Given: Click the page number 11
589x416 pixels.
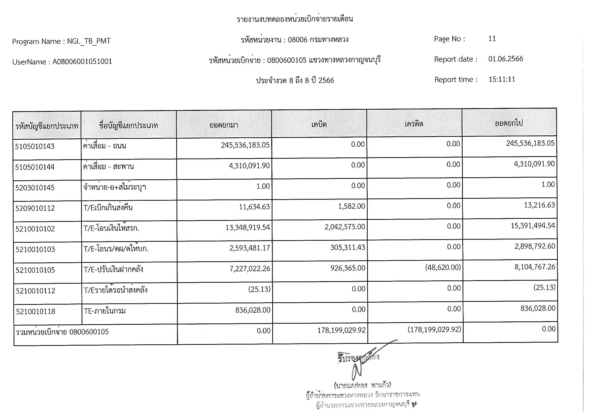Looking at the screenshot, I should [492, 39].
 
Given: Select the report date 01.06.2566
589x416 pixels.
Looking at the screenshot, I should [505, 59].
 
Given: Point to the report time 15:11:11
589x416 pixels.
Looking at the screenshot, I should [502, 79].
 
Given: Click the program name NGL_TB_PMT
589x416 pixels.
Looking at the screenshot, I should [89, 41].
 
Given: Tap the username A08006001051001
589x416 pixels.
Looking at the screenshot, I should [82, 61].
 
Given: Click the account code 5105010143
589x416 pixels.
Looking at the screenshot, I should [35, 147].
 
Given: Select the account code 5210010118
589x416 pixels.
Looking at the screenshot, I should [36, 311].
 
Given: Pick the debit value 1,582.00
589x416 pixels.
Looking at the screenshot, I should [352, 206].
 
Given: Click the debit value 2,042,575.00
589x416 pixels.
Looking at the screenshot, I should [344, 227].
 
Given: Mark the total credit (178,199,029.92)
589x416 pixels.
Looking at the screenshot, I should [434, 329].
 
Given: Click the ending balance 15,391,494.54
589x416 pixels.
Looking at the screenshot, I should [533, 226].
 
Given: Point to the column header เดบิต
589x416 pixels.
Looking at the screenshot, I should [319, 124].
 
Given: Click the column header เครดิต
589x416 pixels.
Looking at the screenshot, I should [414, 124].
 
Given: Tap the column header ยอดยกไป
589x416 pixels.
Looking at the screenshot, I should [509, 123].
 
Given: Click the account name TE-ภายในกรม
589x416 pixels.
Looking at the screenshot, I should [105, 311].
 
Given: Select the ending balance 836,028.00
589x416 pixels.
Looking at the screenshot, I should [538, 308].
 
